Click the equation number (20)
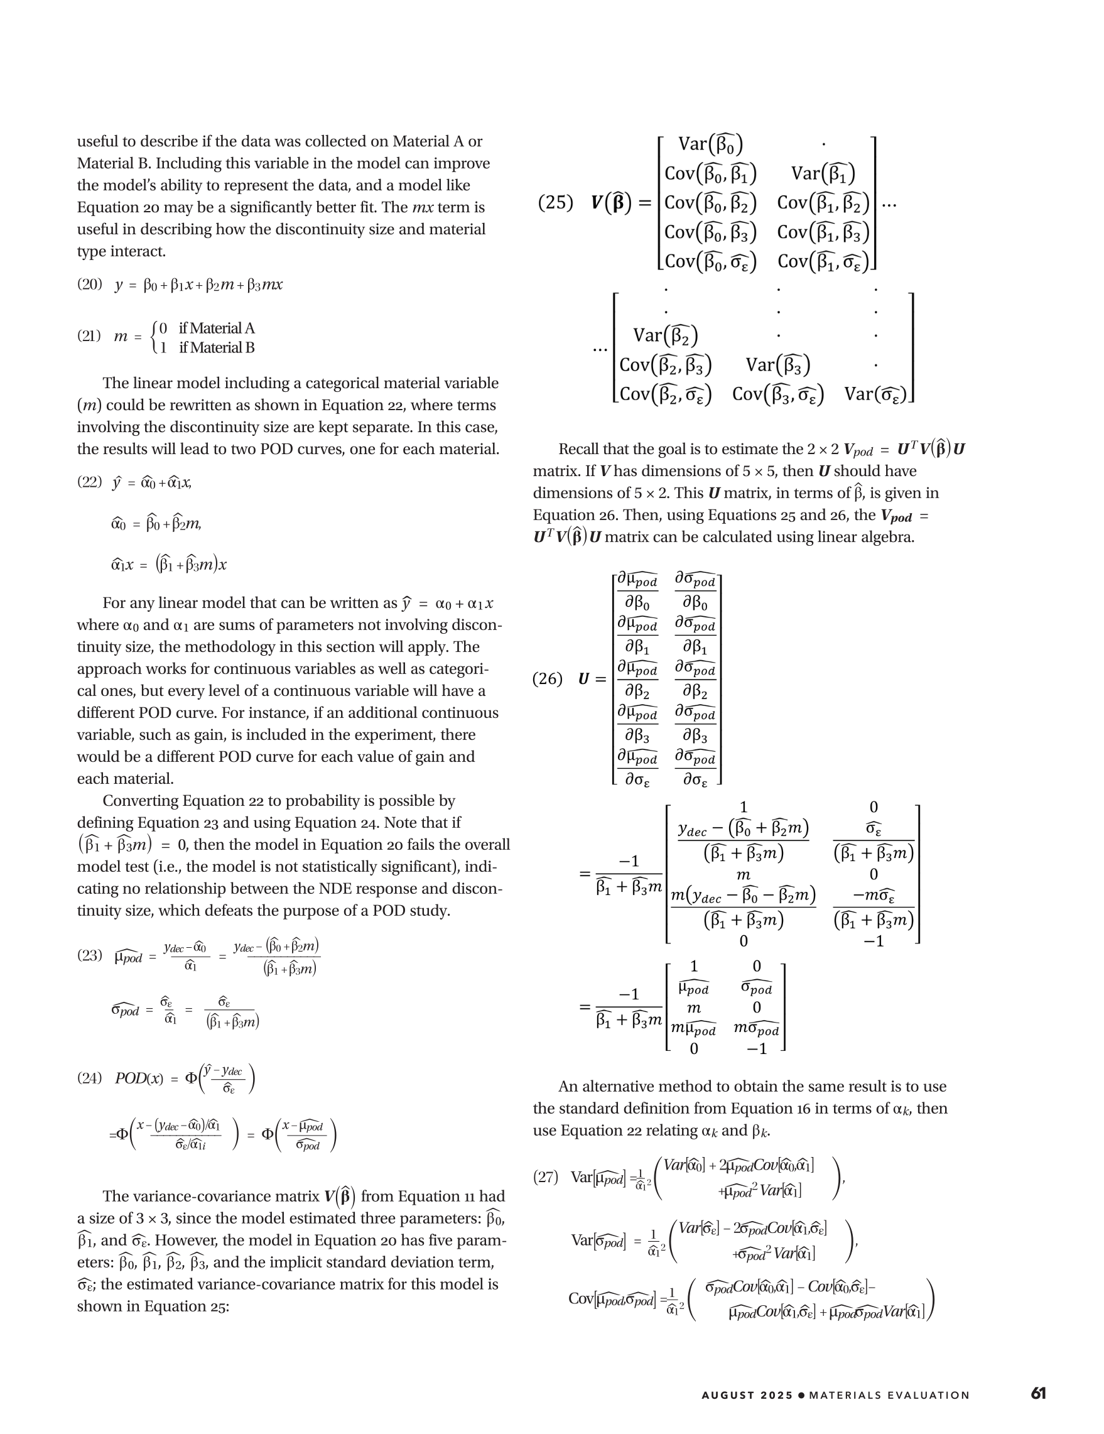pyautogui.click(x=89, y=285)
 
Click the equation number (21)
pyautogui.click(x=89, y=336)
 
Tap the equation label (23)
pyautogui.click(x=89, y=955)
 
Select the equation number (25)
pyautogui.click(x=555, y=202)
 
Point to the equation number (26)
pyautogui.click(x=548, y=678)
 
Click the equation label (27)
pyautogui.click(x=546, y=1176)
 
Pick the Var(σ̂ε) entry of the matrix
pyautogui.click(x=876, y=394)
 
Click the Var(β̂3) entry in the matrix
pyautogui.click(x=778, y=364)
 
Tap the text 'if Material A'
pyautogui.click(x=217, y=329)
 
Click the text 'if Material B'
pyautogui.click(x=217, y=347)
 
